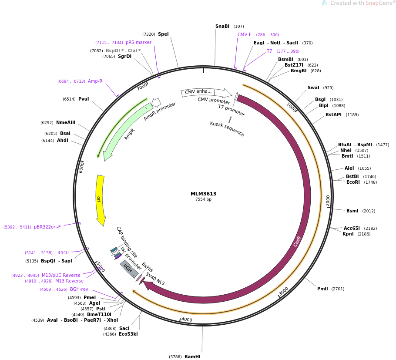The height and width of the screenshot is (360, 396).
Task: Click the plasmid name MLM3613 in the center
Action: coord(203,194)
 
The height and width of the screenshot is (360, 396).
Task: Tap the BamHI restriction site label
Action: coord(192,357)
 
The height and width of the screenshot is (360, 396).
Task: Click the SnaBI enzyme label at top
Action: coord(222,26)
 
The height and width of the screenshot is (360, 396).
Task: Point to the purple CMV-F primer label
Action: coord(244,35)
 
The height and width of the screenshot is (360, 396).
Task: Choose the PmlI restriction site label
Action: coord(322,289)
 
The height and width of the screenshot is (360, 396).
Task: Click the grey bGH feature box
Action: coord(129,269)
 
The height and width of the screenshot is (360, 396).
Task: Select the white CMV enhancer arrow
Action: coord(206,93)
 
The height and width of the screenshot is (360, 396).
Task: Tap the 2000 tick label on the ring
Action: coord(328,200)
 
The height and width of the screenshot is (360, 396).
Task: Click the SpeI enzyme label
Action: coord(163,34)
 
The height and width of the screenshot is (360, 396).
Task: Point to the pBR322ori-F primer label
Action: coord(47,227)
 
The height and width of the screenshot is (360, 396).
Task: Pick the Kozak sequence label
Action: coord(227,129)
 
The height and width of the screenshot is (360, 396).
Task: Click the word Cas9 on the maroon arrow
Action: coord(297,241)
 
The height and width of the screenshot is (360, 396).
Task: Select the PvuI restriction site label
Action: coord(84,99)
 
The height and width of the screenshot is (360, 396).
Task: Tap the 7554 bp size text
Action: coord(203,199)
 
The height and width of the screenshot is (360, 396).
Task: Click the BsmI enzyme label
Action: coord(352,211)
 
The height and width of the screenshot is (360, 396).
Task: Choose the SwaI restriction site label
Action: coord(313,87)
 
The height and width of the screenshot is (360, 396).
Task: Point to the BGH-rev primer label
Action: coord(79,289)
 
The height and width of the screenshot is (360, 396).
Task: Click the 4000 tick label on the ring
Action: coord(187,320)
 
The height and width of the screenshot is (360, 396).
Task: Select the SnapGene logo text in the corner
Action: coord(361,3)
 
